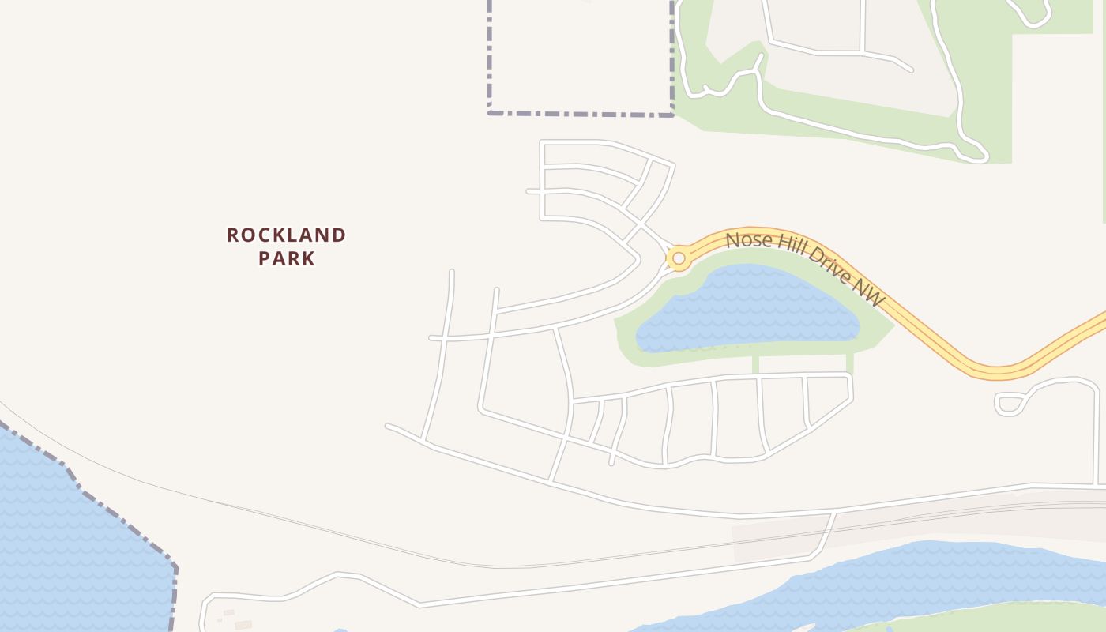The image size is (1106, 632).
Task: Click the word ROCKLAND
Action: (x=286, y=235)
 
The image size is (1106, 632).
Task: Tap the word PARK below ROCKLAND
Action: (x=286, y=258)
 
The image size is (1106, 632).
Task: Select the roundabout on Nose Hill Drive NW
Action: (x=678, y=258)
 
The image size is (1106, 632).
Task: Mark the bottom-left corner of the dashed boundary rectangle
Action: (x=490, y=113)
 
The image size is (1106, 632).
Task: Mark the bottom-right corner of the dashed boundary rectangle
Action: (x=672, y=115)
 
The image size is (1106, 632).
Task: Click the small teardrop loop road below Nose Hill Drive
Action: (x=1010, y=404)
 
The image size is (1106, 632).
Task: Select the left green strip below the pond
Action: (x=756, y=364)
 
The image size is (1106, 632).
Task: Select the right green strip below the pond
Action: (x=850, y=363)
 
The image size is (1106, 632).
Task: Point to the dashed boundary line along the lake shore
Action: (x=118, y=517)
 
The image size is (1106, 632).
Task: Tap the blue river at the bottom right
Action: (x=908, y=577)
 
